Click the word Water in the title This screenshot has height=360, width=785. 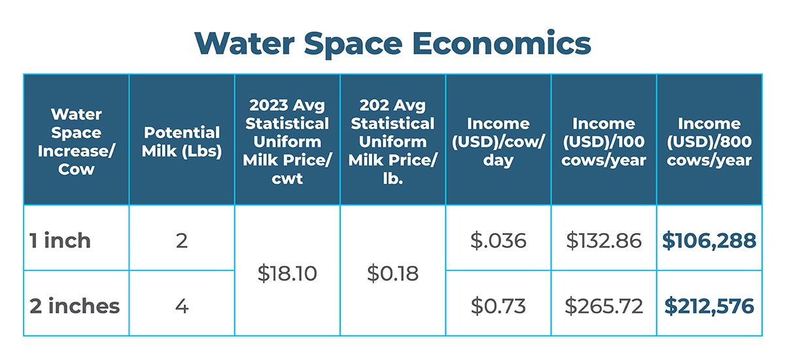(x=244, y=43)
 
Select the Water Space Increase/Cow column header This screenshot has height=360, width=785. (x=77, y=141)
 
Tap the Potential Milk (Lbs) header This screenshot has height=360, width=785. (x=182, y=141)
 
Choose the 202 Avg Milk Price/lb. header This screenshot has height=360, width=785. (x=392, y=141)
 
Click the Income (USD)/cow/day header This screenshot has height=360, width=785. (x=498, y=141)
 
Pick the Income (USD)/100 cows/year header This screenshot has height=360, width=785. (x=603, y=141)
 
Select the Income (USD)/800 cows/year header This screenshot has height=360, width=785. (x=709, y=141)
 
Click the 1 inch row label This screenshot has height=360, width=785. (x=60, y=240)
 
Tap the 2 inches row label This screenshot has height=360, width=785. (x=75, y=306)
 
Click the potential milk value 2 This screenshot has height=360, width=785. (x=182, y=241)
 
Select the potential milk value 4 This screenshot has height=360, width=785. (x=182, y=306)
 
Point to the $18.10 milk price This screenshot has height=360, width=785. (x=287, y=274)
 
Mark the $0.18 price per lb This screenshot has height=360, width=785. (x=392, y=274)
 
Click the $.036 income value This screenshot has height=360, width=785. (x=498, y=241)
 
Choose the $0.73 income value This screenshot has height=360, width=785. (x=498, y=306)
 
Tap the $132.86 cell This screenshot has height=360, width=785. (x=603, y=241)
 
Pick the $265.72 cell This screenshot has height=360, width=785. (x=603, y=306)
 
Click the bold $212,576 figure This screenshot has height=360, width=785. (x=709, y=306)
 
